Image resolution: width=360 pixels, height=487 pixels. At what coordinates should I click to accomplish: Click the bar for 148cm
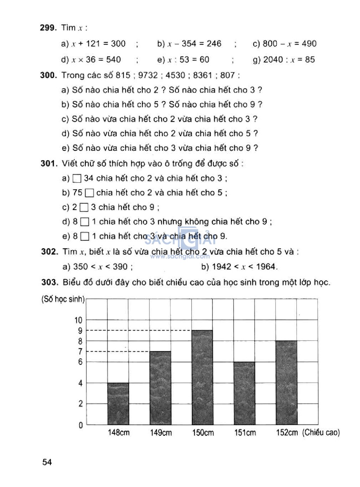[118, 404]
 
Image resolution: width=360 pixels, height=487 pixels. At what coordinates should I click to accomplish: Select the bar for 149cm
[160, 388]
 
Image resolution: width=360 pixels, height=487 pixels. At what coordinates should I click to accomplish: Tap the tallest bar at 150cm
[202, 377]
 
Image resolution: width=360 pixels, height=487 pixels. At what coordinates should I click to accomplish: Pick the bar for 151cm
[244, 393]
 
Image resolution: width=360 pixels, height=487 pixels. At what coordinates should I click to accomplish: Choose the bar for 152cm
[287, 383]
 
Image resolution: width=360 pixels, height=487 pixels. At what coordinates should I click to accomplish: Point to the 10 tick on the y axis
[78, 320]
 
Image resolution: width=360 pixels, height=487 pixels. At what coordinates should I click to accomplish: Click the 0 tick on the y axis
[81, 425]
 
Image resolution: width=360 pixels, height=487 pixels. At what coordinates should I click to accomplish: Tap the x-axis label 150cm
[203, 432]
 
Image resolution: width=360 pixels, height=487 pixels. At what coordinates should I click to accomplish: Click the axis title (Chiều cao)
[321, 432]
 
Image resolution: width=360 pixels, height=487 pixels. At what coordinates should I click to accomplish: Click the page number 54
[47, 462]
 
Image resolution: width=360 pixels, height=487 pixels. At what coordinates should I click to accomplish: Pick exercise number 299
[48, 28]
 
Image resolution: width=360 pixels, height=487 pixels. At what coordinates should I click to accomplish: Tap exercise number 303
[49, 282]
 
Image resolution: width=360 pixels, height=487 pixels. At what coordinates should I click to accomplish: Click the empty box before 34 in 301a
[77, 179]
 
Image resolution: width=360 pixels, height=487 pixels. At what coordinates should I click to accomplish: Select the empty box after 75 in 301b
[90, 193]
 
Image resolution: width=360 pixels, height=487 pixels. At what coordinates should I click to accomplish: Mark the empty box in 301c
[84, 207]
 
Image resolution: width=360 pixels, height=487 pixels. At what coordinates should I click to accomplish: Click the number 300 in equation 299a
[118, 44]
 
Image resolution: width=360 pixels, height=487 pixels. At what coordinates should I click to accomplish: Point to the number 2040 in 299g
[273, 59]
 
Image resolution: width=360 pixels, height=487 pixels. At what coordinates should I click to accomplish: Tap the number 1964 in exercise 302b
[266, 267]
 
